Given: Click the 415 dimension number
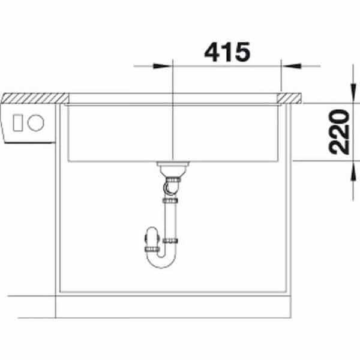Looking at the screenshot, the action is click(x=227, y=52).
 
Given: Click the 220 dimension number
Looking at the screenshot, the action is click(x=339, y=132).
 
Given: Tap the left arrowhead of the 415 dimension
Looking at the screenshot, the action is click(x=163, y=66).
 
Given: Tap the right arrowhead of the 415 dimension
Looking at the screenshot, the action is click(x=292, y=66).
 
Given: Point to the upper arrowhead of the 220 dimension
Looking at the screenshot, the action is click(x=353, y=94).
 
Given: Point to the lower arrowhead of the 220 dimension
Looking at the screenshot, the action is click(x=353, y=171).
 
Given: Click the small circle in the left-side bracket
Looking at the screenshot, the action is click(x=35, y=123).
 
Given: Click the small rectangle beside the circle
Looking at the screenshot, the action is click(x=17, y=123).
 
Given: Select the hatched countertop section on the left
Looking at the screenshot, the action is click(x=35, y=98).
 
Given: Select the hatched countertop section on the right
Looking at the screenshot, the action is click(x=289, y=98).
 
